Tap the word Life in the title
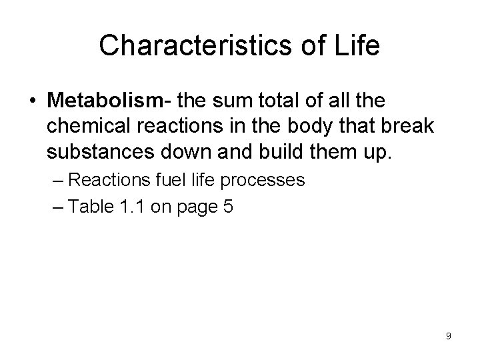tap(357, 46)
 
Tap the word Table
tap(91, 207)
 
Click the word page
tap(197, 208)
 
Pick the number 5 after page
tap(229, 207)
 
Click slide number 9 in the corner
tap(449, 336)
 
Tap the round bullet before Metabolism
tap(34, 101)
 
